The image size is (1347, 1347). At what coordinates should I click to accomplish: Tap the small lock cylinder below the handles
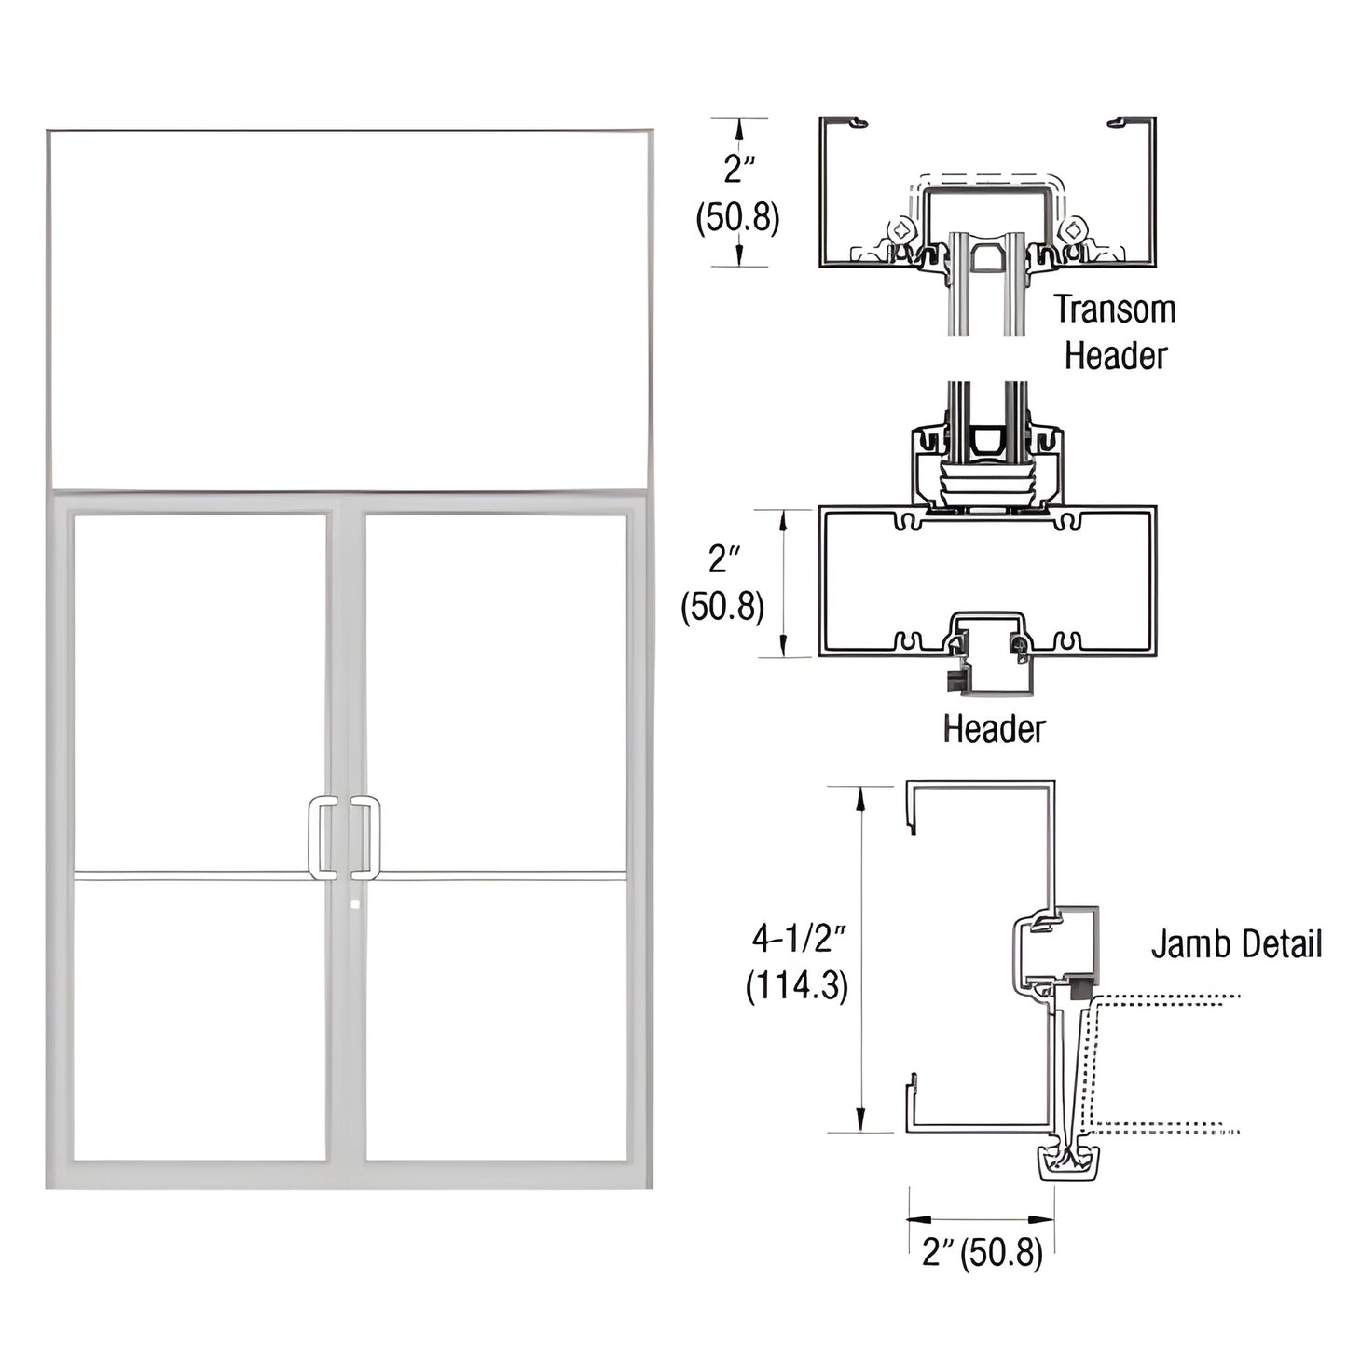(x=355, y=903)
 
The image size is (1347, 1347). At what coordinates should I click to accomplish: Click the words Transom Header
(x=1115, y=332)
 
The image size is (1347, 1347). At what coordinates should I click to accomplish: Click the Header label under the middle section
(x=994, y=728)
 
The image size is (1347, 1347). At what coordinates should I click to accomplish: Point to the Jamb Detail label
(x=1236, y=943)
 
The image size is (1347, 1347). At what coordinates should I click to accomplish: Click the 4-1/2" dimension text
(x=799, y=938)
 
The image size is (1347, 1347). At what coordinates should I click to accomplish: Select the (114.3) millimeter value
(x=797, y=985)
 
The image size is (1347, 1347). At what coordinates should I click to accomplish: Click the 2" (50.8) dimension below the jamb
(x=983, y=1252)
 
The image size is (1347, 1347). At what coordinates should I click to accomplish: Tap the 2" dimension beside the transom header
(x=739, y=169)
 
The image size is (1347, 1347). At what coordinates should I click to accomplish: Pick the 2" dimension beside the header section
(x=723, y=558)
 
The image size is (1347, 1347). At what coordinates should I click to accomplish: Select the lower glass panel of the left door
(x=199, y=1020)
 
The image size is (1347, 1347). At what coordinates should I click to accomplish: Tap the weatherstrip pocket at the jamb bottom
(x=1068, y=1162)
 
